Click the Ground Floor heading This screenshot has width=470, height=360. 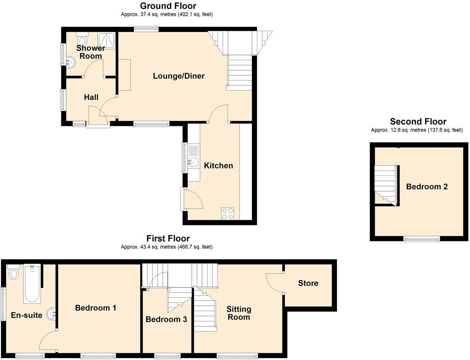[168, 6]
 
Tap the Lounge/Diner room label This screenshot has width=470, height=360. [179, 76]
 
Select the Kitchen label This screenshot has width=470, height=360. [218, 165]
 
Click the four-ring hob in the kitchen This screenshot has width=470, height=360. [227, 213]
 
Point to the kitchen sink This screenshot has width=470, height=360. [193, 162]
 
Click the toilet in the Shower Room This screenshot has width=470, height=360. [82, 38]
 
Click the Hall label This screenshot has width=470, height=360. [91, 97]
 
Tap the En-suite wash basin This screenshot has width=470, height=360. [51, 314]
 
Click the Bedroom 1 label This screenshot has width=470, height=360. [96, 308]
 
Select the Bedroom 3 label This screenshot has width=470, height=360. [166, 319]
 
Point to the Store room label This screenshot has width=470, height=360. [308, 283]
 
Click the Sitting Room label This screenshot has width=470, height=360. [239, 313]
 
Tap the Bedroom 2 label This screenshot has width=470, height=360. [427, 187]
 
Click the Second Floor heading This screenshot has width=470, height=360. [418, 122]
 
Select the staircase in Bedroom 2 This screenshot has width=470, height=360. [385, 185]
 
